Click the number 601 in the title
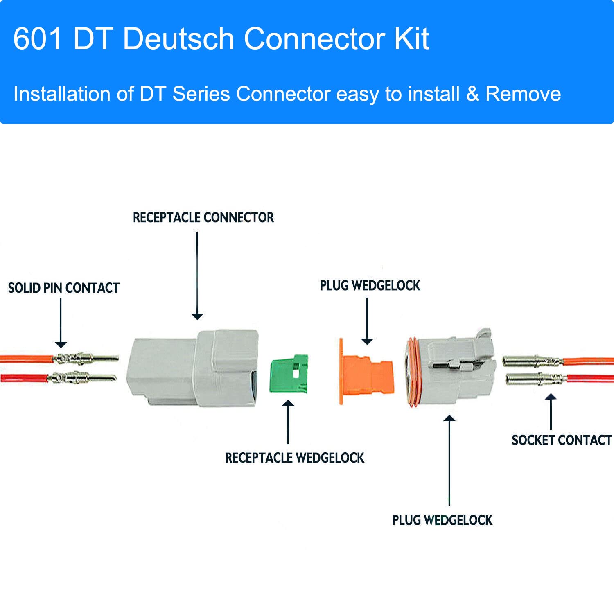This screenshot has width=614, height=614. coord(38,39)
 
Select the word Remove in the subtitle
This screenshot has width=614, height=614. coord(523,94)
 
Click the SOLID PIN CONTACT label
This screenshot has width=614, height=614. coord(64,288)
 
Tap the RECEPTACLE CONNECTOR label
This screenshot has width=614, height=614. coord(203,217)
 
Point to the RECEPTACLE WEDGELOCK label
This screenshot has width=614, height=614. coord(294,458)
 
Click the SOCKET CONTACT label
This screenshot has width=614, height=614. coord(561,440)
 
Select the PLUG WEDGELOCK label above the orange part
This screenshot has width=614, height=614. coord(370,285)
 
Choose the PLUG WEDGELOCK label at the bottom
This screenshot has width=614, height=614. coord(442,520)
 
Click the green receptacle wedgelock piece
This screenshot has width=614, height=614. coord(289,374)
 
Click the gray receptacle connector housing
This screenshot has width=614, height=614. coord(192,368)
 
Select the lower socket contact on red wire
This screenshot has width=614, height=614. coord(532,379)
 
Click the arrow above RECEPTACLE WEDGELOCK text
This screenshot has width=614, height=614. coord(288,422)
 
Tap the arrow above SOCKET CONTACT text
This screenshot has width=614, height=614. coord(551,411)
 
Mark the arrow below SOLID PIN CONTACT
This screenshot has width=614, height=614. coord(61,323)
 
